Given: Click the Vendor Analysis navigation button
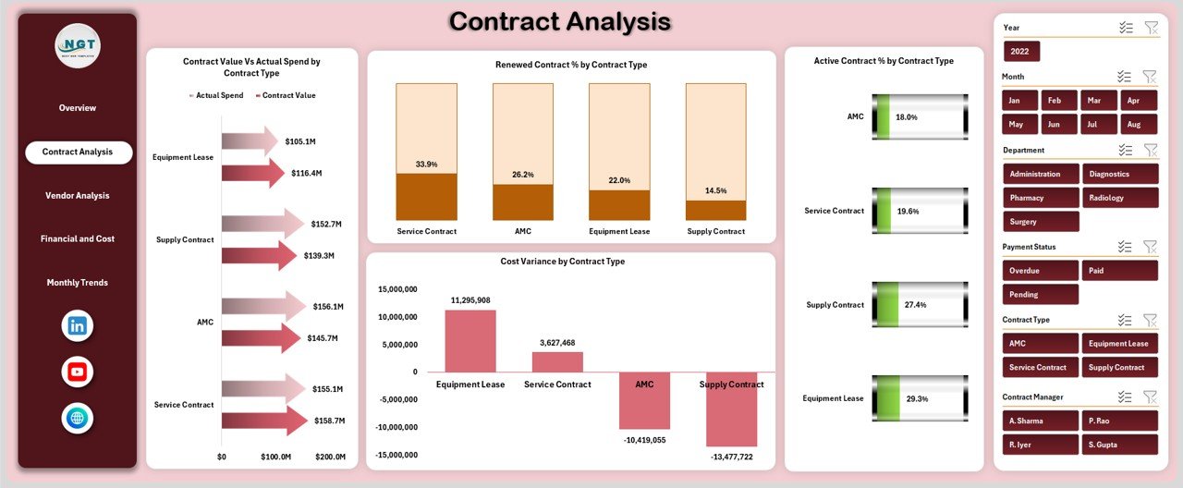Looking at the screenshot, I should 78,195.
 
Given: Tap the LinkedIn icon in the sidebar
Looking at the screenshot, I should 78,325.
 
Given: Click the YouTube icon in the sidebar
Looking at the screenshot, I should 78,372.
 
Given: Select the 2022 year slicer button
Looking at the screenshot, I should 1021,51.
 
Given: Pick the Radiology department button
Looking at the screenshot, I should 1119,197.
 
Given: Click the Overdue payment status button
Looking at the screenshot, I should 1040,271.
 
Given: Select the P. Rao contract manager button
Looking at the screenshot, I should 1119,421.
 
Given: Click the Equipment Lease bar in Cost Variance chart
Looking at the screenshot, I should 470,341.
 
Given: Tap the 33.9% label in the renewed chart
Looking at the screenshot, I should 426,164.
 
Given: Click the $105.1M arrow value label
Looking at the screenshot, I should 300,141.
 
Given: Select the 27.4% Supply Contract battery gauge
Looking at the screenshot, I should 920,305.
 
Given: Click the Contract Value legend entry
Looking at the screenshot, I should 288,95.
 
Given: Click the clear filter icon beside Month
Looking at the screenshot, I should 1150,77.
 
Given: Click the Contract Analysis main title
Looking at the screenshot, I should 560,22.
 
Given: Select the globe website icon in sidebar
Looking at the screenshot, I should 78,418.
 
